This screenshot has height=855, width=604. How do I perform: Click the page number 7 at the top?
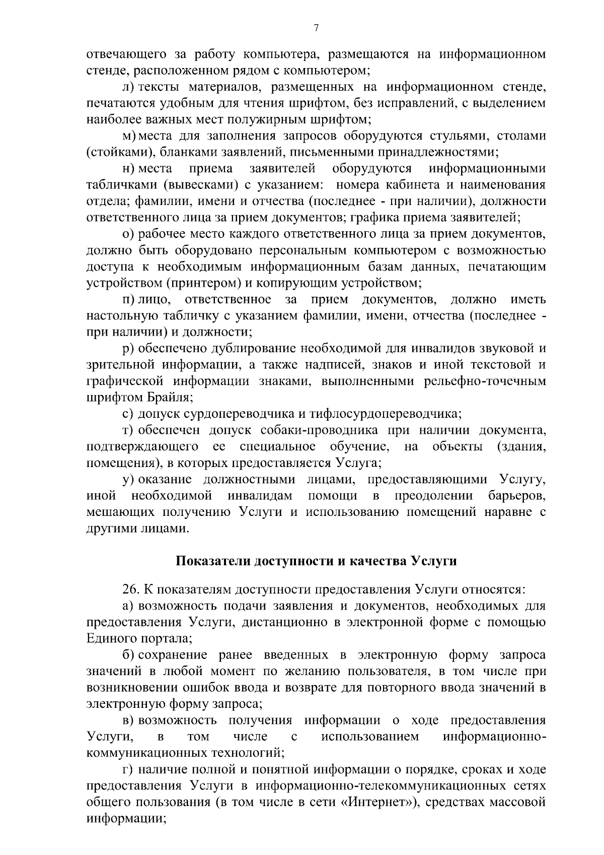point(316,29)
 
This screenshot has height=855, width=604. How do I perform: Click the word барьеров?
point(517,496)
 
